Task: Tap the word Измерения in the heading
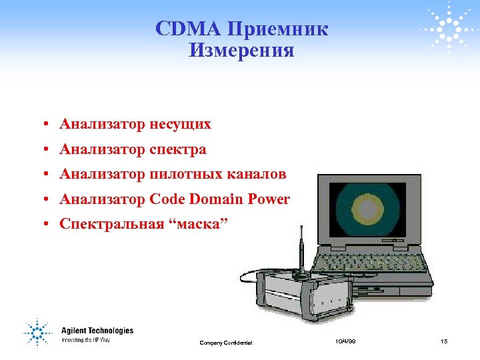click(241, 51)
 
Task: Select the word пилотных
click(179, 175)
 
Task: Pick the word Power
click(269, 199)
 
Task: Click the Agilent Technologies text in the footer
click(97, 331)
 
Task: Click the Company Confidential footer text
click(226, 343)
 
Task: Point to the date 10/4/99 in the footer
click(345, 341)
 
